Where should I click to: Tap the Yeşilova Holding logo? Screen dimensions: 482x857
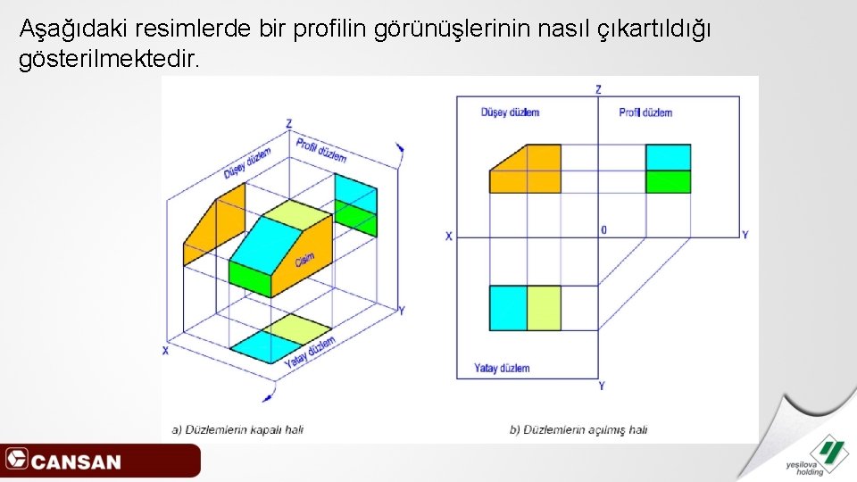click(x=813, y=454)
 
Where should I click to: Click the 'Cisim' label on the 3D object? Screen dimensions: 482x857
click(x=304, y=259)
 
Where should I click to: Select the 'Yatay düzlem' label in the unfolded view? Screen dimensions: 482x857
click(x=502, y=368)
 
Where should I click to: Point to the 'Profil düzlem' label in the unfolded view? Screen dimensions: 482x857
click(x=645, y=112)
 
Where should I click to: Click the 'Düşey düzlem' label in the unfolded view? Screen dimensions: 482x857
click(x=510, y=112)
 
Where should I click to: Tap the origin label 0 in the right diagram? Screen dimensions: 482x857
click(x=604, y=230)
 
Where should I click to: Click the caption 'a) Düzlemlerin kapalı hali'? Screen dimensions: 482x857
click(x=237, y=429)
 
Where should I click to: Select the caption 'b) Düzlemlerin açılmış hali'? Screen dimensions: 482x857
click(x=578, y=429)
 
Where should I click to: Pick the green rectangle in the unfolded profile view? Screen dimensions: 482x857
click(x=669, y=181)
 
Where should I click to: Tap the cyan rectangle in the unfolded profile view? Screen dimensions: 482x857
click(x=669, y=157)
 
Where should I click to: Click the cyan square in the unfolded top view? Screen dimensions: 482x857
click(x=508, y=308)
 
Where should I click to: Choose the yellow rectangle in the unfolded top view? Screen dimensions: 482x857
click(x=544, y=308)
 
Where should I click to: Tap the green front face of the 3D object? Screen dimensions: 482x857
click(x=250, y=278)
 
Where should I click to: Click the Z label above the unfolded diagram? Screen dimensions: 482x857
click(x=598, y=88)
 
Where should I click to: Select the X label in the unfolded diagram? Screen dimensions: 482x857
click(x=449, y=237)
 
